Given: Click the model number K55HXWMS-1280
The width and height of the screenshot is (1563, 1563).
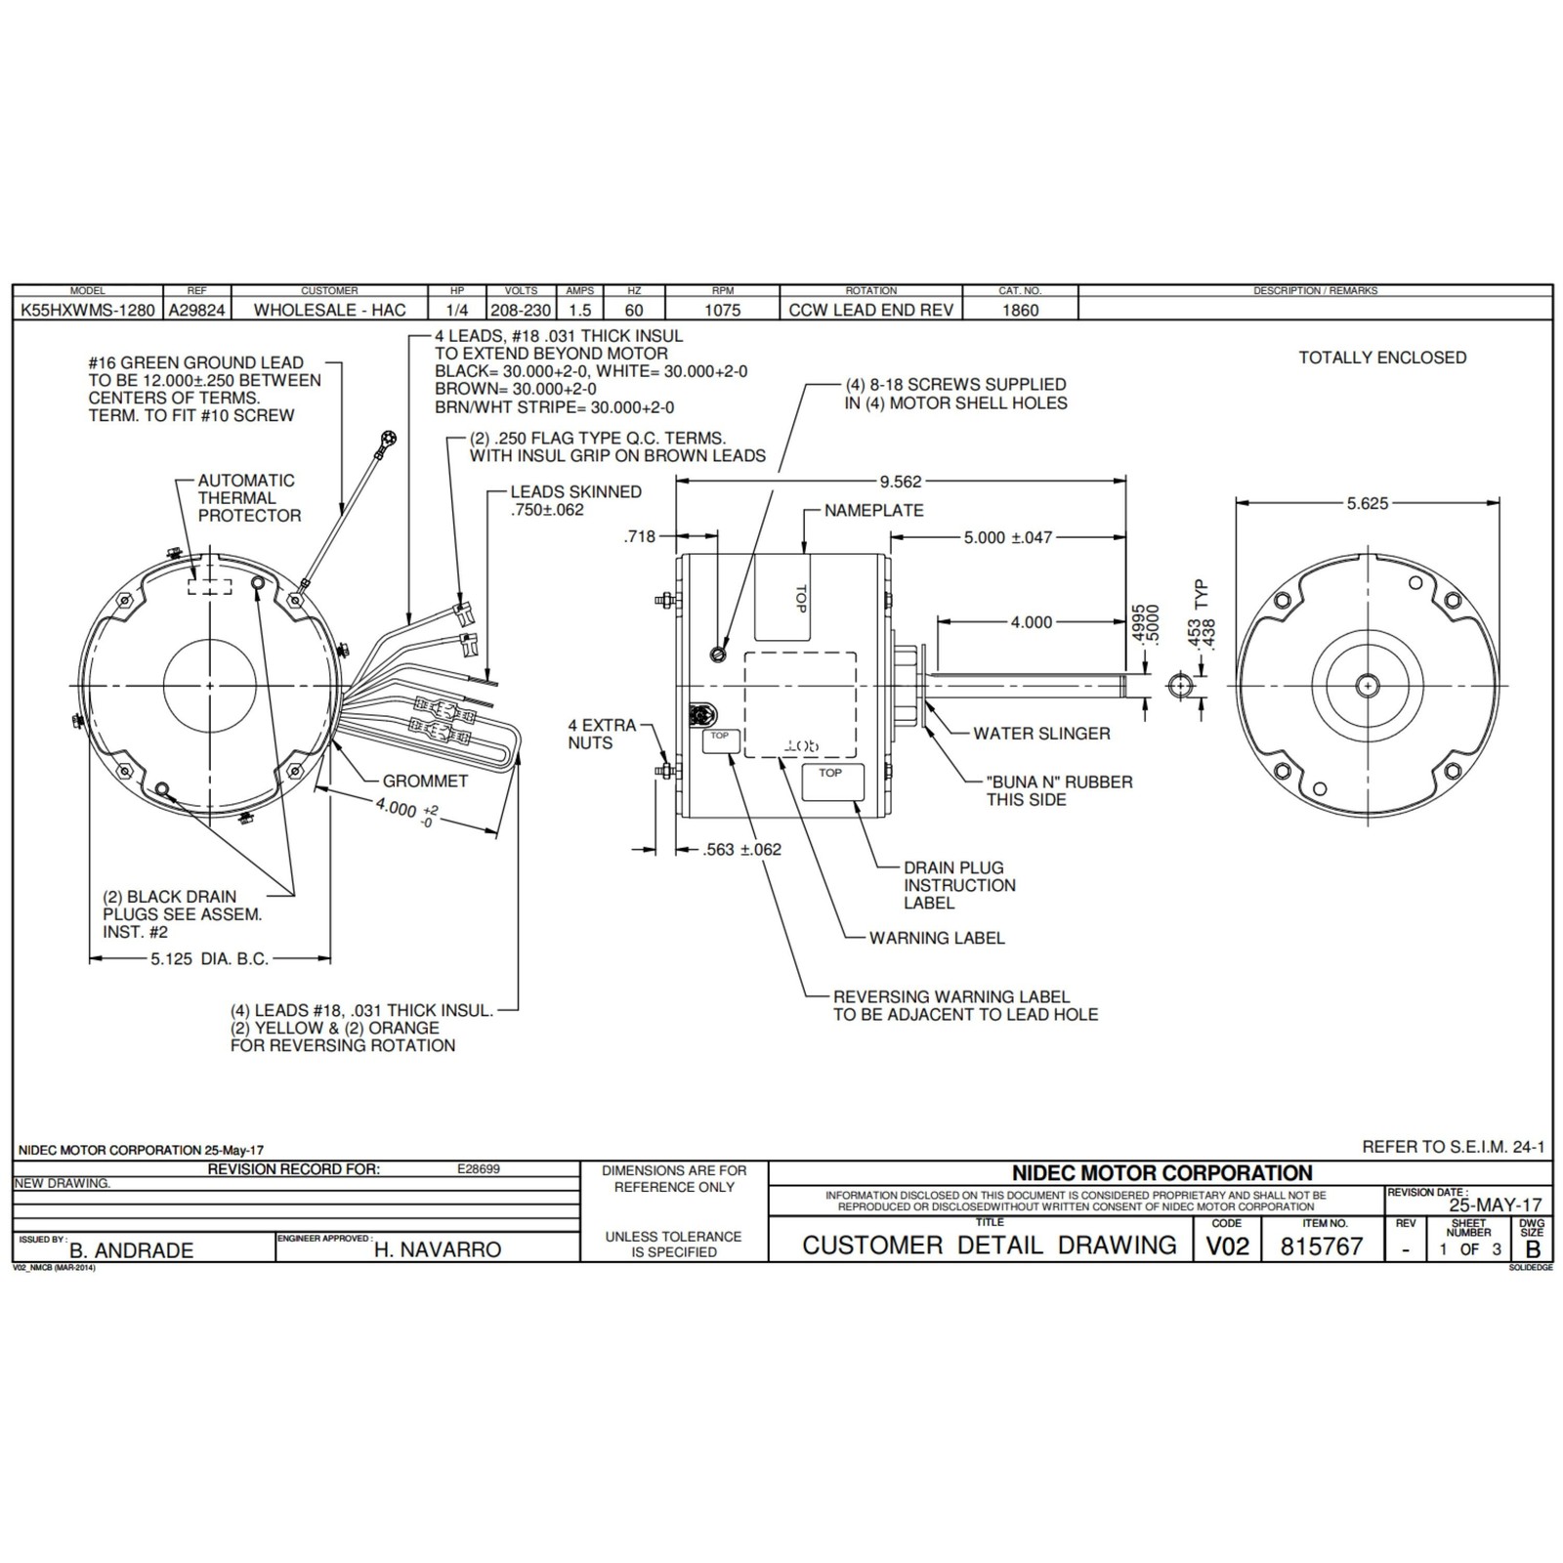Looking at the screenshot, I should (87, 310).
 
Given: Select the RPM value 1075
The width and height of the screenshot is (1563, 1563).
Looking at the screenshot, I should (723, 310).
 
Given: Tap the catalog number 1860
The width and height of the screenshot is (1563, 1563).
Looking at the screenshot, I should (1020, 310).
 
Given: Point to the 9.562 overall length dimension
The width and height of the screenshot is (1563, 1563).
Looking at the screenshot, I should (900, 482).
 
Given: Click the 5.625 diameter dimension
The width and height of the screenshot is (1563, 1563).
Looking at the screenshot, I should (1367, 503).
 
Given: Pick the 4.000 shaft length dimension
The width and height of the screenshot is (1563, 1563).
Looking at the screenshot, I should (1032, 622).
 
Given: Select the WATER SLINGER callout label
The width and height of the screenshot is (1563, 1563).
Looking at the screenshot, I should (1041, 734).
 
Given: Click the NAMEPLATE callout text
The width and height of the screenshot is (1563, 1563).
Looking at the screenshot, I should (873, 510).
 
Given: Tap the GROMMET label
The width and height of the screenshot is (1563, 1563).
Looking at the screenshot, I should (425, 781).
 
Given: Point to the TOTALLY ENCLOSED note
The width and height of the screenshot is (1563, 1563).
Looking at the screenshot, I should (1382, 358).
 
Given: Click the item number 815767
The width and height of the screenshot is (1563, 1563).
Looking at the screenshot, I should (1321, 1246).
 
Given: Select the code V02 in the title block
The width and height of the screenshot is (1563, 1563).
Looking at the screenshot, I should (1227, 1246).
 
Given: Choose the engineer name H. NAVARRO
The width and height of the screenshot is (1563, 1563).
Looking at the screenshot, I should (437, 1249).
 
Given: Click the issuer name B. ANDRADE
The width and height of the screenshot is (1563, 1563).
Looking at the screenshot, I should (132, 1249).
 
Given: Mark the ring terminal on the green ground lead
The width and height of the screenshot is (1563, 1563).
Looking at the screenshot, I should (391, 437).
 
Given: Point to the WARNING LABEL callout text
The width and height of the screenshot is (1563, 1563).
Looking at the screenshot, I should (937, 938).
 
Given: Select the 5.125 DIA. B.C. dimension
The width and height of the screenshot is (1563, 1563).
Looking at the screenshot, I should (209, 959).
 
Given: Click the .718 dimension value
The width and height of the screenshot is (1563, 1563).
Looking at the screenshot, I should (640, 536).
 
